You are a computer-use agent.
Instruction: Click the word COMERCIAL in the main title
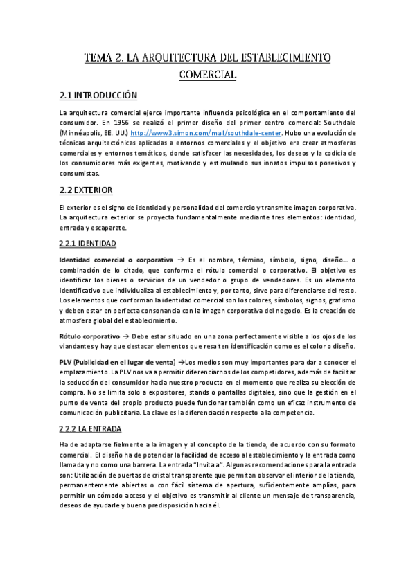(x=208, y=73)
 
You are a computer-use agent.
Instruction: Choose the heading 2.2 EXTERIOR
(x=87, y=190)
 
